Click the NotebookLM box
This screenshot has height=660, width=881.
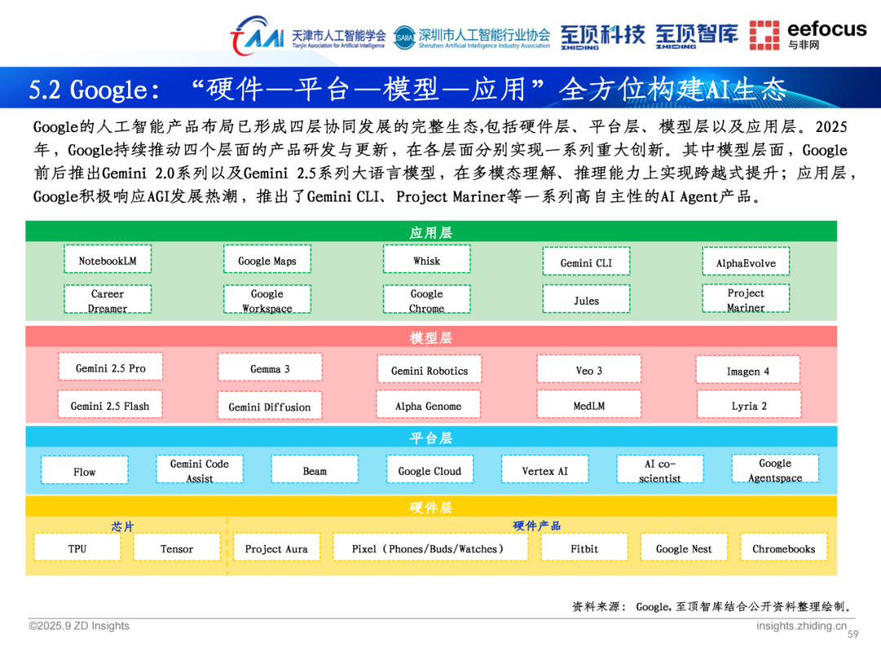coord(108,261)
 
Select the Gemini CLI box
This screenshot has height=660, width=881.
coord(586,262)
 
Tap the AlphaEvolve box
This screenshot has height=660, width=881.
coord(746,262)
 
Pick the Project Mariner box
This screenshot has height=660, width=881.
coord(746,299)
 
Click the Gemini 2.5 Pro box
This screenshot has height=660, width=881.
coord(110,367)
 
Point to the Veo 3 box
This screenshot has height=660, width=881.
coord(588,370)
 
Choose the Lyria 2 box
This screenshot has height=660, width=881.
coord(748,405)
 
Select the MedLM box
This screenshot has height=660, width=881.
coord(588,405)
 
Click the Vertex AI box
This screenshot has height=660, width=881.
coord(545,470)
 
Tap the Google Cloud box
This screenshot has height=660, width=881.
coord(429,470)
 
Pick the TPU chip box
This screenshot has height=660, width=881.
coord(77,548)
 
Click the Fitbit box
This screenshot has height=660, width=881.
coord(584,548)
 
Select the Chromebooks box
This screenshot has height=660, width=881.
coord(783,548)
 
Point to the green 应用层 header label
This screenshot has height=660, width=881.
coord(431,232)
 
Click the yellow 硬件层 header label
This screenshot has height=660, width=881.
coord(431,508)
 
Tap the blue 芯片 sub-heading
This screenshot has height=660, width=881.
coord(122,526)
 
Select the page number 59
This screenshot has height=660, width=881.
coord(853,635)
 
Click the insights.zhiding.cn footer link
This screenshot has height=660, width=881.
coord(801,626)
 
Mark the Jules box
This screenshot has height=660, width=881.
coord(586,300)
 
